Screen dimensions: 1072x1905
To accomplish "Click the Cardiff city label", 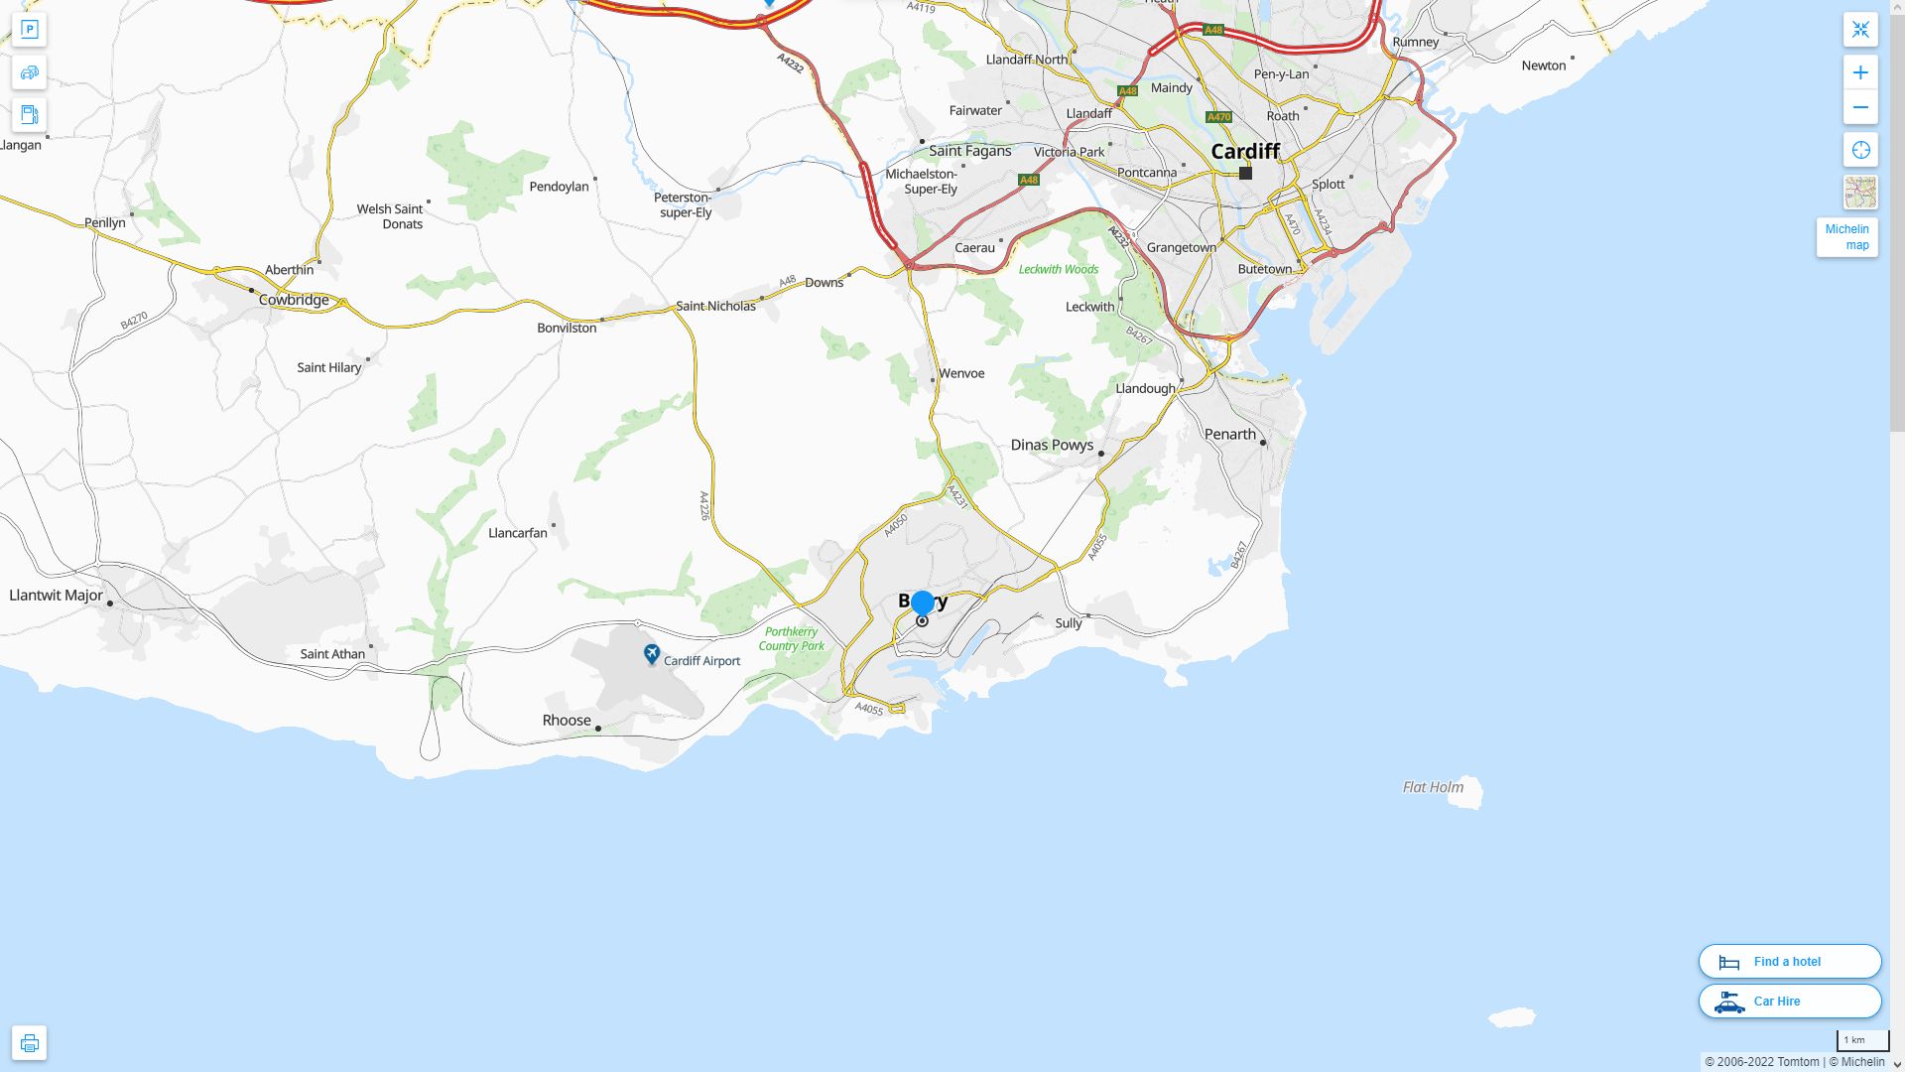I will point(1245,151).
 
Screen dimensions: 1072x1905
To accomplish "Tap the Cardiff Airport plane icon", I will point(652,653).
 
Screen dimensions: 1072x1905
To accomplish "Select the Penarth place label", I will point(1229,434).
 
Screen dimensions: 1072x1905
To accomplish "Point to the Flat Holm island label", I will point(1433,787).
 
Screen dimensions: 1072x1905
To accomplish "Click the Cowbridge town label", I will point(293,300).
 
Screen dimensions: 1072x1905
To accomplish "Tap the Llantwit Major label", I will point(56,596).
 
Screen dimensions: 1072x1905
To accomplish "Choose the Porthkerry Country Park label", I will point(791,638).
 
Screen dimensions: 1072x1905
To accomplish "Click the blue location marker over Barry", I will point(923,602).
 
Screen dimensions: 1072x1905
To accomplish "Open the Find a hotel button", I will point(1789,961).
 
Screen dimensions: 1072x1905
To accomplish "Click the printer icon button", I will point(29,1042).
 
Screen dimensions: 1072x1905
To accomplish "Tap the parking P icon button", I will point(29,30).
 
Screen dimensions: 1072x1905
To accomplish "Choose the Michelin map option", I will point(1846,237).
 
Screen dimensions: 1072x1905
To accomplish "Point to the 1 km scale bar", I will point(1861,1041).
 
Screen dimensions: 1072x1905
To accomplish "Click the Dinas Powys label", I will point(1052,445).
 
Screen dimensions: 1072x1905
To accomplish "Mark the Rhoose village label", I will point(567,721).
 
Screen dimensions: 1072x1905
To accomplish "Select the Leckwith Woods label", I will point(1058,269).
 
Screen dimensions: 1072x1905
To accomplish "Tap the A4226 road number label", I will point(704,505).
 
